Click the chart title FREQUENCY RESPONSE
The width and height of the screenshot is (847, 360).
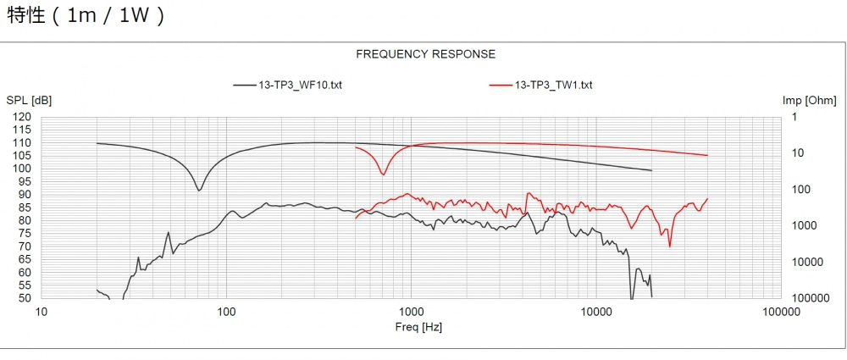point(425,54)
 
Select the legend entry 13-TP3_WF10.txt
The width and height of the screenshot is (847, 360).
point(300,85)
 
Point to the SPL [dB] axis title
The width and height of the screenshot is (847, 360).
point(29,101)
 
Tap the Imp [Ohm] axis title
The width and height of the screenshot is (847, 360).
point(809,101)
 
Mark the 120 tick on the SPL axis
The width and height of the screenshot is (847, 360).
point(23,117)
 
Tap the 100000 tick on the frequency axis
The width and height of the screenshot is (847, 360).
point(780,312)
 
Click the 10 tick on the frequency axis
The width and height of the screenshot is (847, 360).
point(42,312)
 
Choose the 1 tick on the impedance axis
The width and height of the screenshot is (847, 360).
point(794,117)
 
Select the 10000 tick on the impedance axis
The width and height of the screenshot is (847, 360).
point(803,262)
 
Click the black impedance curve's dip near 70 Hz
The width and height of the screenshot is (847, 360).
point(199,190)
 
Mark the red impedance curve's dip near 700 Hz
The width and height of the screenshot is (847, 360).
point(384,174)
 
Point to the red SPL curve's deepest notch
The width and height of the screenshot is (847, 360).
point(670,246)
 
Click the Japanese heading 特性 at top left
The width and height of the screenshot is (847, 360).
point(23,16)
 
